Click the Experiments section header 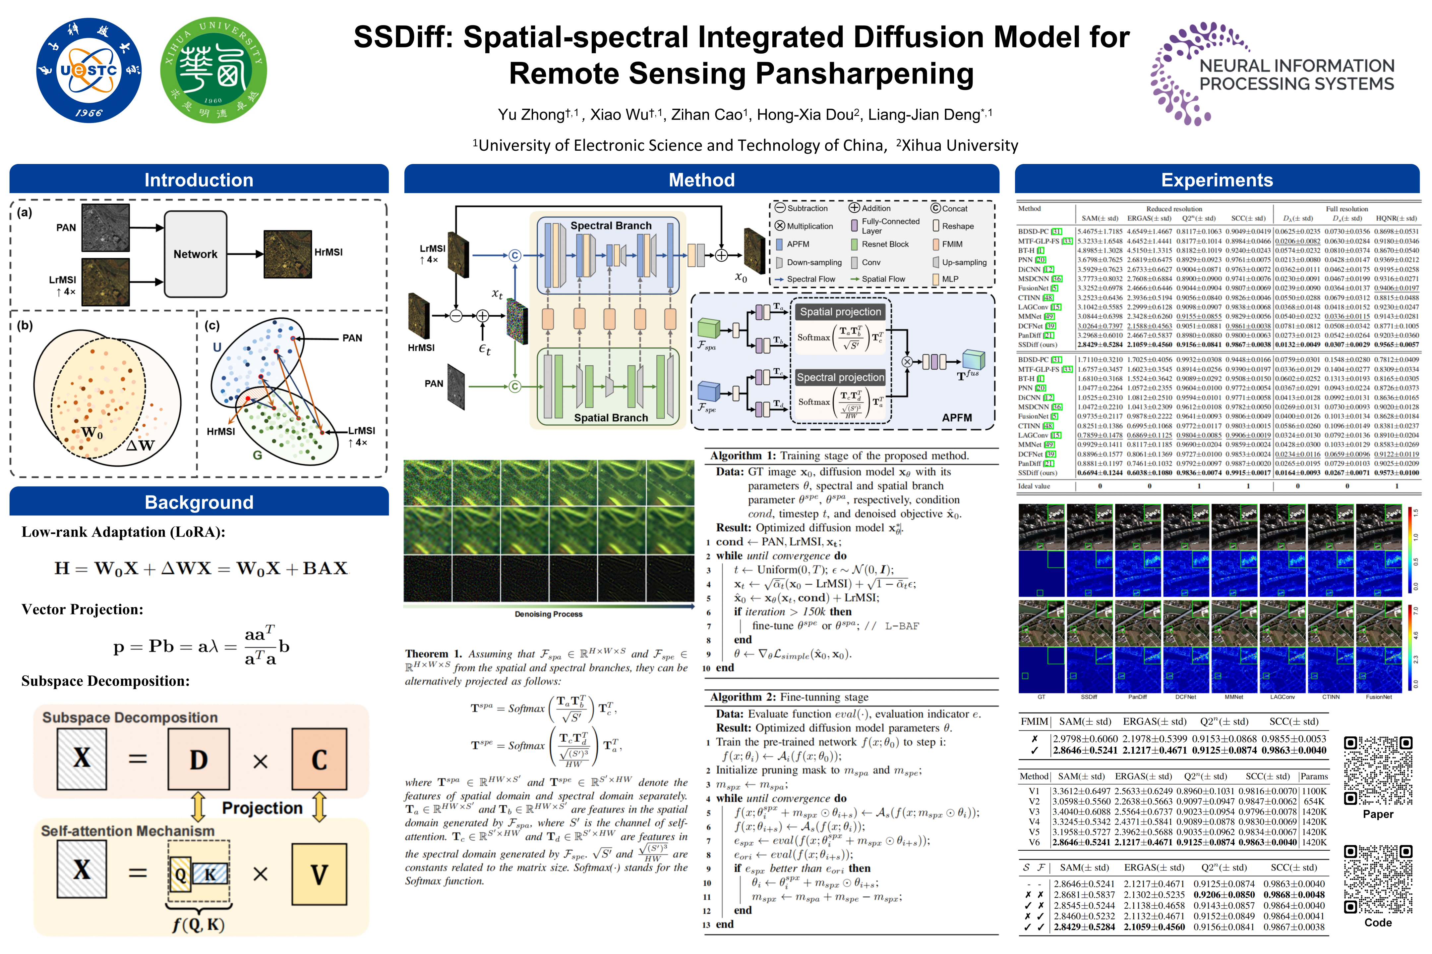click(1217, 180)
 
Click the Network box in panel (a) click(196, 254)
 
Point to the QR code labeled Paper click(1378, 770)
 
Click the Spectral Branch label click(611, 226)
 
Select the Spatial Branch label click(611, 417)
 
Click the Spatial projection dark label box click(840, 311)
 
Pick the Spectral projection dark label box click(840, 377)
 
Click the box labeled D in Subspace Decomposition click(199, 759)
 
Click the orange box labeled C click(319, 759)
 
